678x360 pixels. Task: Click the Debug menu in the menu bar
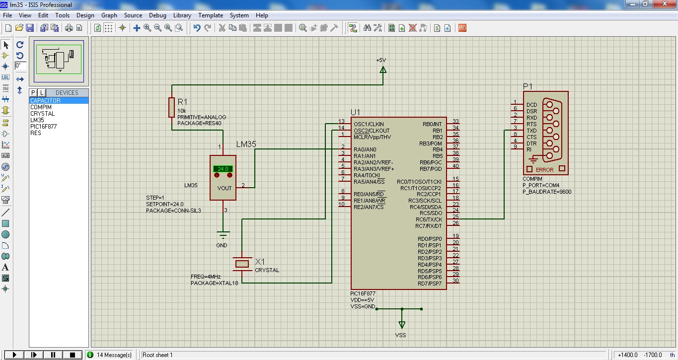tap(157, 15)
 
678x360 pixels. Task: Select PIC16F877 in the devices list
tap(43, 127)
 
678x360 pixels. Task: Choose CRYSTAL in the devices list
tap(42, 114)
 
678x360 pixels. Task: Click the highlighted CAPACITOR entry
tap(45, 101)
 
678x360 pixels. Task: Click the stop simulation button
tap(72, 355)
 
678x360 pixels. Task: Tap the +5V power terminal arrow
tap(383, 71)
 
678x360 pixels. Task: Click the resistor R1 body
tap(171, 106)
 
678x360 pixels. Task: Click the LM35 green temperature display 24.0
tap(223, 169)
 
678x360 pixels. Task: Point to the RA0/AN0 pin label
tap(365, 149)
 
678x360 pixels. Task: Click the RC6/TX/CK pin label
tap(429, 219)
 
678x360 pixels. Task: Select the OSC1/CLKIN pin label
tap(369, 124)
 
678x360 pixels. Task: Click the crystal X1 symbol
tap(242, 263)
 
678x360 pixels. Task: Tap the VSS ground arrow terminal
tap(401, 324)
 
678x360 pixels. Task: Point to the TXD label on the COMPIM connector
tap(531, 131)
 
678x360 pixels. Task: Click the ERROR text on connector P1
tap(544, 170)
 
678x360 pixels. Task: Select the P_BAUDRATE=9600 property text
tap(547, 192)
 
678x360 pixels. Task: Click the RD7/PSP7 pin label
tap(429, 284)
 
